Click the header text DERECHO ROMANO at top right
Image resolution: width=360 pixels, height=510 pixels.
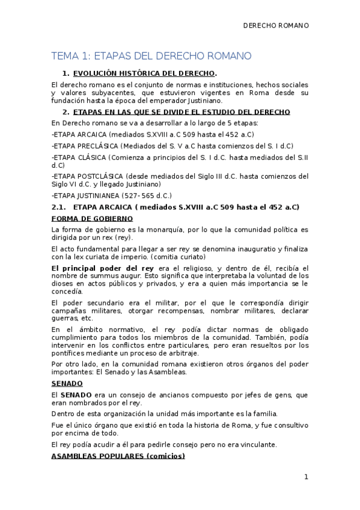[x=275, y=26]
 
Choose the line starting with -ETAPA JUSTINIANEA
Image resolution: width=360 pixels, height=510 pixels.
[x=112, y=195]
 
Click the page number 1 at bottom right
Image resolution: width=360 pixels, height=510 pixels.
[x=306, y=478]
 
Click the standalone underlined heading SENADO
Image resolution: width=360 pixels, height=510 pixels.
[x=67, y=382]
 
